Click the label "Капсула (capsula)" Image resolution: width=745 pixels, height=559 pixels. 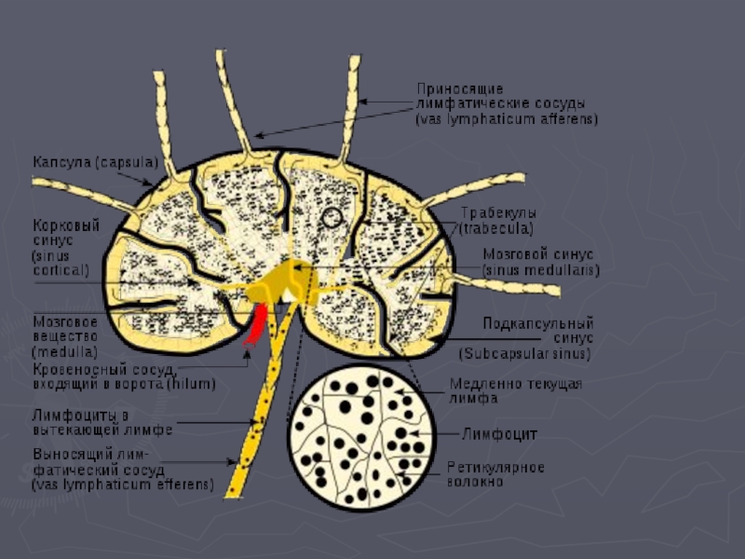(94, 162)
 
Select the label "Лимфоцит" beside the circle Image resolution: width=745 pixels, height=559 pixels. (500, 433)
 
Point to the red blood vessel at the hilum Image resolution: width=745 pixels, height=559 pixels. (254, 324)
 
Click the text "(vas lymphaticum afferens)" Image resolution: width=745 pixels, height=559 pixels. (507, 119)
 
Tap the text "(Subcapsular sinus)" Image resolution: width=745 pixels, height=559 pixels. (525, 354)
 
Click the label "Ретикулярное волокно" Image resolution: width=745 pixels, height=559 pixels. (494, 474)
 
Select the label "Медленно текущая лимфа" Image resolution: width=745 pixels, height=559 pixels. (515, 390)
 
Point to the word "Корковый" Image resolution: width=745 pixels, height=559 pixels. (66, 225)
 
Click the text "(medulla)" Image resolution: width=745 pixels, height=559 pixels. (65, 352)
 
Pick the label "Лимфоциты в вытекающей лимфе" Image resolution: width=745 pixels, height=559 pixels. (102, 421)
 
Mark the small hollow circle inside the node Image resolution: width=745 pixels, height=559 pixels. (332, 218)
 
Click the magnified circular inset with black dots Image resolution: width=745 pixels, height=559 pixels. (359, 437)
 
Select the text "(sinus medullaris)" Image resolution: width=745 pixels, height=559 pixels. (540, 269)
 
